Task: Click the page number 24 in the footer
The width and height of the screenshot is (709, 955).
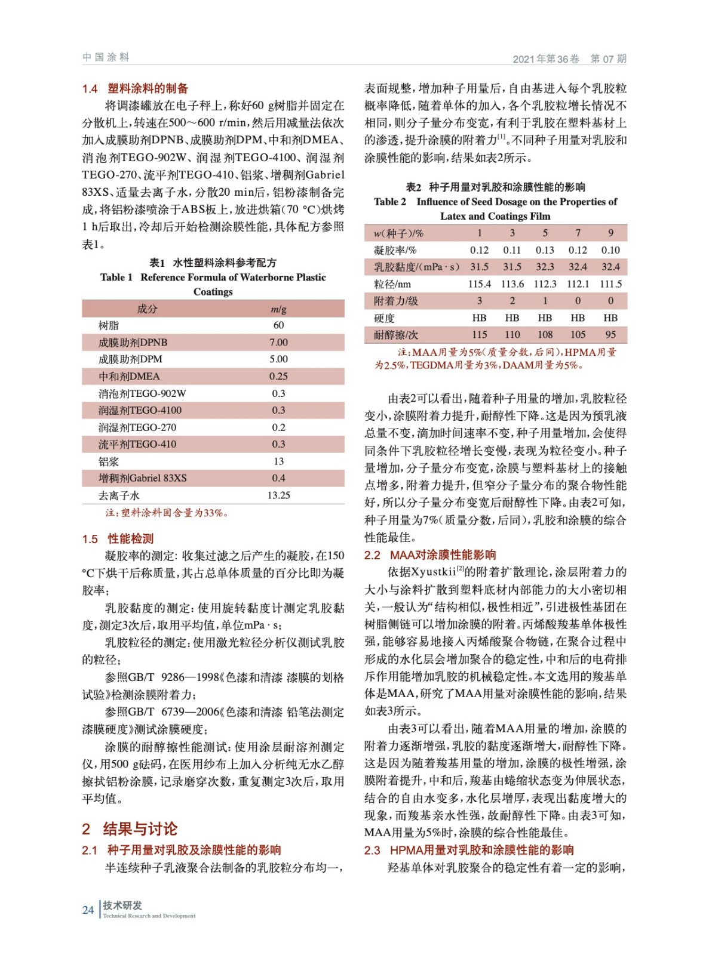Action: (x=88, y=910)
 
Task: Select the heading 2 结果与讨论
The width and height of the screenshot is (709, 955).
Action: (x=130, y=828)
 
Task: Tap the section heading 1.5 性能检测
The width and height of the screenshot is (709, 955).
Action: (x=118, y=538)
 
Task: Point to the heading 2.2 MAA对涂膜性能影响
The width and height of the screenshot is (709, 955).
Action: (x=430, y=555)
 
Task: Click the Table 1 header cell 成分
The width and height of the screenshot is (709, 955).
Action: (x=147, y=309)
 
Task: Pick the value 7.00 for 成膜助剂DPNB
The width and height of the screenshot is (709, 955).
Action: (x=278, y=343)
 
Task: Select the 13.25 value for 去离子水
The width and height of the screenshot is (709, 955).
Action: (x=278, y=495)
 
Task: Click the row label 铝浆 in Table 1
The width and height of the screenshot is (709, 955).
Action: (x=109, y=461)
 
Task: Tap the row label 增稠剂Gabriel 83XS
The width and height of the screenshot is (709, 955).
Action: (x=143, y=478)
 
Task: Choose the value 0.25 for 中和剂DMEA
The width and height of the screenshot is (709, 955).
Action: (x=278, y=377)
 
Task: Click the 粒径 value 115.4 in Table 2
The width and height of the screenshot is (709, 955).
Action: (x=479, y=284)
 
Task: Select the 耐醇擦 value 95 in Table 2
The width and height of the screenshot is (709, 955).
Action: (x=610, y=335)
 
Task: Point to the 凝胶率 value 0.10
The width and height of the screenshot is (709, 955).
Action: (x=610, y=250)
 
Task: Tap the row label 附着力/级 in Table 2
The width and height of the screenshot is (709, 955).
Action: (x=395, y=301)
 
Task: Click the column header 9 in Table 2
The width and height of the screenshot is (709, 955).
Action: (x=610, y=233)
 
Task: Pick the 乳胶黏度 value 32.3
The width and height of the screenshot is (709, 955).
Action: (x=545, y=267)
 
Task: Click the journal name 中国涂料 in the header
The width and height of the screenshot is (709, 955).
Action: (x=106, y=57)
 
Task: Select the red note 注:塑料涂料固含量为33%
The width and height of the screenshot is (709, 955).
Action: (x=167, y=513)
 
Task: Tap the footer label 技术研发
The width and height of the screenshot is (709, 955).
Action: (x=122, y=905)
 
